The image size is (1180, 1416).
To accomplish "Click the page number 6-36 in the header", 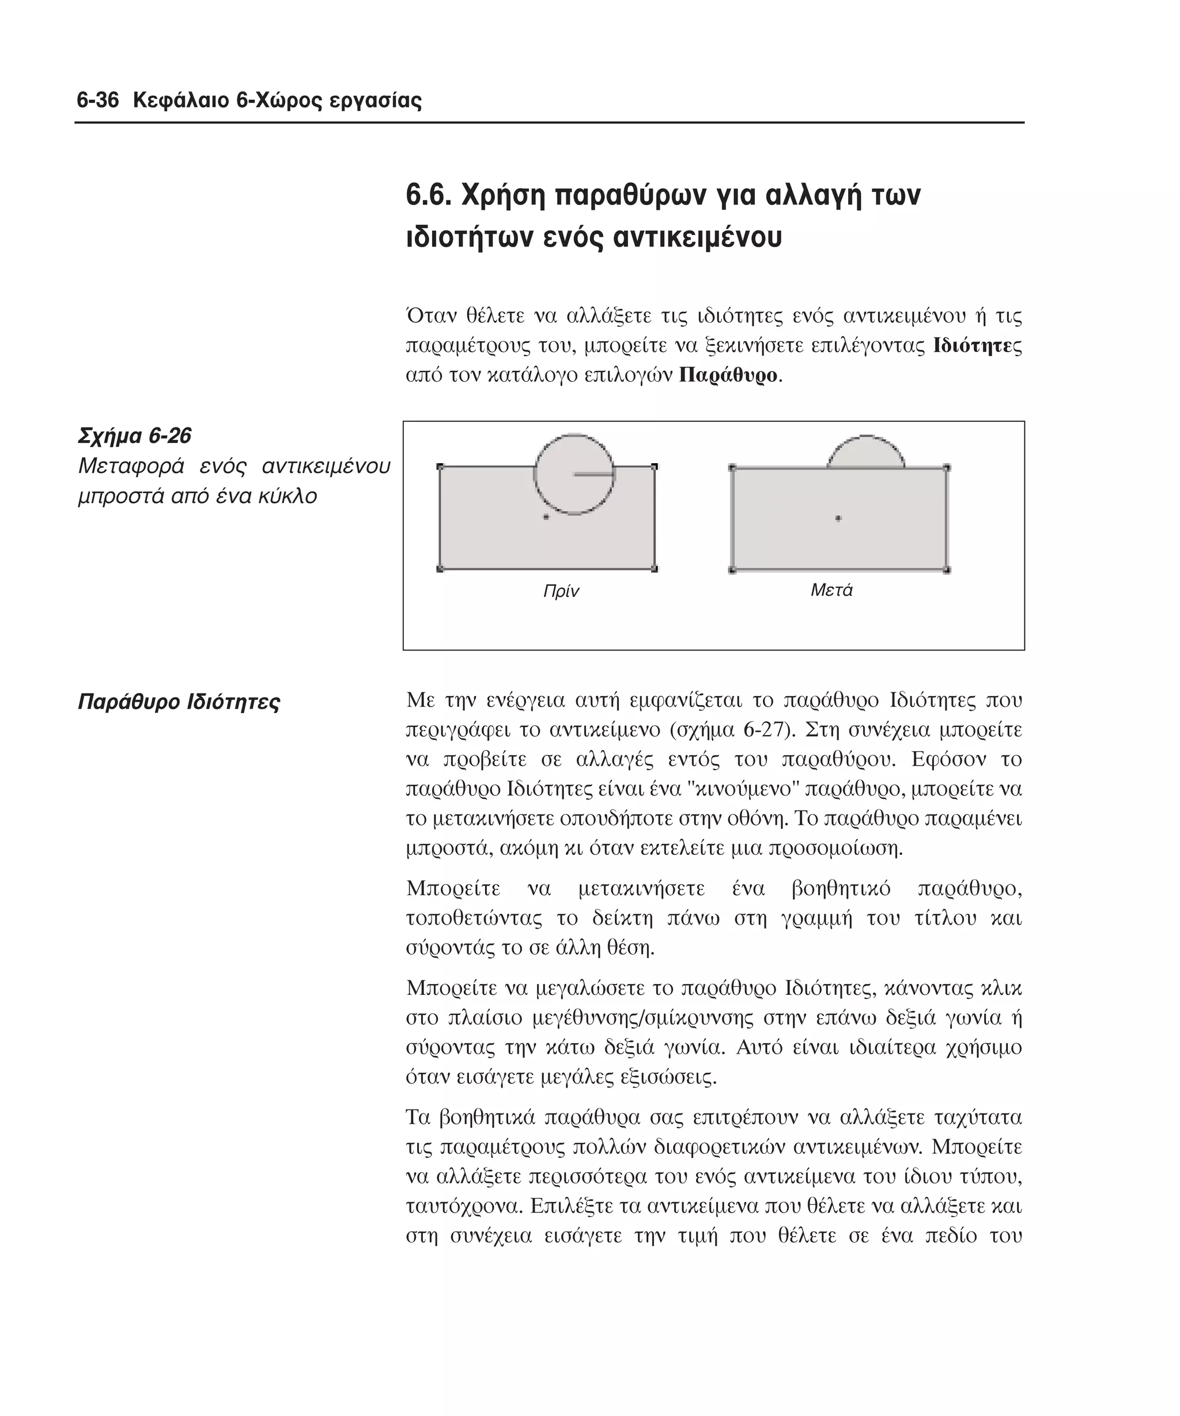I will pyautogui.click(x=97, y=101).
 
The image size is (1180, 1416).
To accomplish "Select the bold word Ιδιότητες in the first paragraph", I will pyautogui.click(x=977, y=346).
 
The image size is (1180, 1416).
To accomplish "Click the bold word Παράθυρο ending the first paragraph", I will pyautogui.click(x=728, y=375).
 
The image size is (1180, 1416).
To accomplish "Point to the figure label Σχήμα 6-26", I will pyautogui.click(x=135, y=436).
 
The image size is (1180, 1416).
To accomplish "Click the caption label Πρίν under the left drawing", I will pyautogui.click(x=561, y=592).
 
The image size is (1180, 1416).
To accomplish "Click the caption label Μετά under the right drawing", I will pyautogui.click(x=831, y=590).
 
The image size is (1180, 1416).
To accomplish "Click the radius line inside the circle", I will pyautogui.click(x=593, y=475).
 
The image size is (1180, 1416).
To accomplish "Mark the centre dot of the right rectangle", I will pyautogui.click(x=838, y=518).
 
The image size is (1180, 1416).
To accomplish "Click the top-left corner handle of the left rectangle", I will pyautogui.click(x=440, y=467).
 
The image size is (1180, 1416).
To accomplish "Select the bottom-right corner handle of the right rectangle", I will pyautogui.click(x=947, y=570).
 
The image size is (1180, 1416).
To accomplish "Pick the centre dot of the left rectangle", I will pyautogui.click(x=546, y=517).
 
